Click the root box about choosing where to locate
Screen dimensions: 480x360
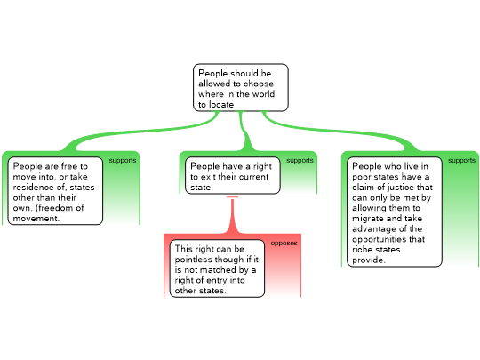click(241, 87)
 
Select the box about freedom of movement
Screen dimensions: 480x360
click(55, 191)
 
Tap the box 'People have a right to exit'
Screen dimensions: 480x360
click(233, 175)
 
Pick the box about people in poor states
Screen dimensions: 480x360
click(395, 212)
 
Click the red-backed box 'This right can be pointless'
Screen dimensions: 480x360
click(217, 268)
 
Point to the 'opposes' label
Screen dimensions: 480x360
click(284, 243)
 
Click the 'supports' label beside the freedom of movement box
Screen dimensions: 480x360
click(123, 160)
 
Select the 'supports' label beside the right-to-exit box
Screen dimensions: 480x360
click(300, 160)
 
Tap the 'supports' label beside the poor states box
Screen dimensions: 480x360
click(462, 160)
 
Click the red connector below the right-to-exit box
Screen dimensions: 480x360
click(232, 215)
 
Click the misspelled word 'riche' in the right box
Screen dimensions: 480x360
click(363, 250)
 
